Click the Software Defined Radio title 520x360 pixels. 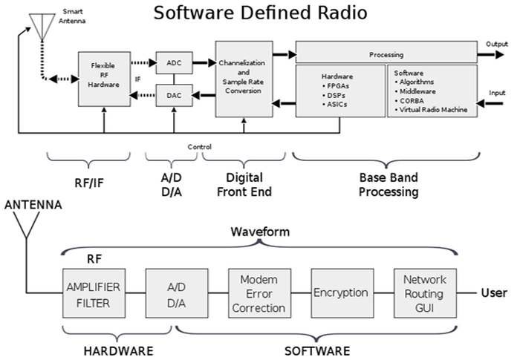point(261,13)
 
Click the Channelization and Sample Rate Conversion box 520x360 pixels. point(242,78)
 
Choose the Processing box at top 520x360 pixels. point(386,53)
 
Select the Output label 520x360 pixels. point(496,44)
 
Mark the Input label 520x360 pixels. point(497,93)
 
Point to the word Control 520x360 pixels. point(199,146)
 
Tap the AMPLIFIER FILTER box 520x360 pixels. point(93,293)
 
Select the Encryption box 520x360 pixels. point(340,292)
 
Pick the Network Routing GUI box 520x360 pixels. point(424,292)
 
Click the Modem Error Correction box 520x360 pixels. point(259,292)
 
